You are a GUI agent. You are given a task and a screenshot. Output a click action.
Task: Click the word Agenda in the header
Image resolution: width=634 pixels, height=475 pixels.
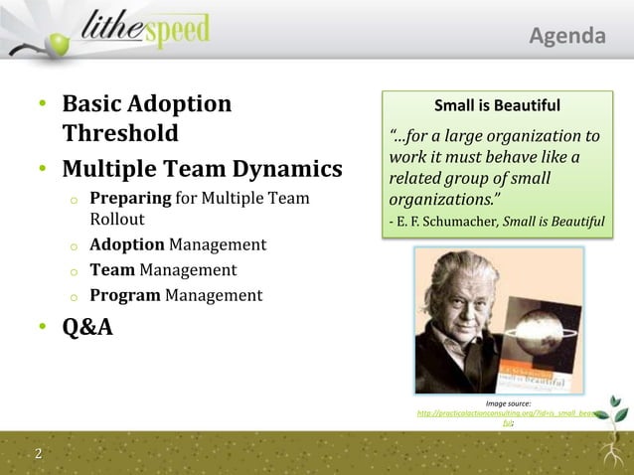[566, 37]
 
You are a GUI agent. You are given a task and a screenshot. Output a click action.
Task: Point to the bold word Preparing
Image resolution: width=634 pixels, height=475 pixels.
[129, 199]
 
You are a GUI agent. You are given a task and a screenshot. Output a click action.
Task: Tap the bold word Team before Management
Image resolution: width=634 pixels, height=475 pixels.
[112, 269]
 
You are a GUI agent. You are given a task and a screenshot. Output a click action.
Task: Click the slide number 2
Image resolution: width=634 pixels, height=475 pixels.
[38, 455]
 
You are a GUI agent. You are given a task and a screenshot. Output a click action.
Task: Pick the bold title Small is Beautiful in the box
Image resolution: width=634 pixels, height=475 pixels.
[498, 105]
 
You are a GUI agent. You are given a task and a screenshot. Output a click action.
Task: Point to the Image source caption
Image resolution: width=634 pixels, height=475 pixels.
[507, 402]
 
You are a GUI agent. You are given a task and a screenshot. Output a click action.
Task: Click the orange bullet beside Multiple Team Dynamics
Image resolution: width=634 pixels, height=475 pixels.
[43, 169]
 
